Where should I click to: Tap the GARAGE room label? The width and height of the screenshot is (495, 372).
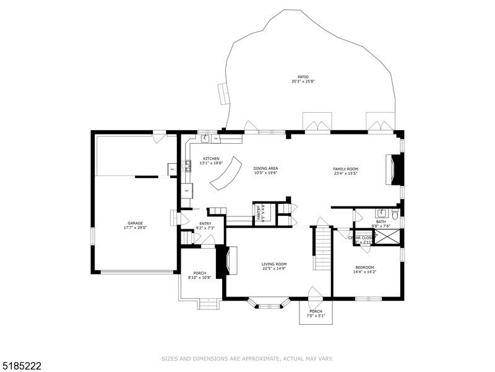point(136,223)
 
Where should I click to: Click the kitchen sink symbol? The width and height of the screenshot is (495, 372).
point(205,138)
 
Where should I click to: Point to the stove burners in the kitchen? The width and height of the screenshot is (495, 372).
point(187,166)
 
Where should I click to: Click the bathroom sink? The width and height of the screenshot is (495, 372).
point(381,213)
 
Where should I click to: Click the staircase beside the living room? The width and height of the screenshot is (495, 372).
point(322,248)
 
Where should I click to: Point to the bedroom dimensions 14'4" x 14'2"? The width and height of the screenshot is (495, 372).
point(364,272)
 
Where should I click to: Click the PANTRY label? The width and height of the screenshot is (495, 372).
point(259,213)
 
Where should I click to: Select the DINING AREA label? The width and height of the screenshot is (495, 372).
point(265,168)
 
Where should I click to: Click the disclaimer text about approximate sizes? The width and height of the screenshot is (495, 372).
point(247,358)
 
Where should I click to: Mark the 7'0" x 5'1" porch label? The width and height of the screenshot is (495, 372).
point(316,316)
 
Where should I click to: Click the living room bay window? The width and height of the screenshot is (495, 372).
point(269,304)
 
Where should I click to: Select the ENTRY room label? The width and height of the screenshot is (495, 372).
point(205,224)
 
